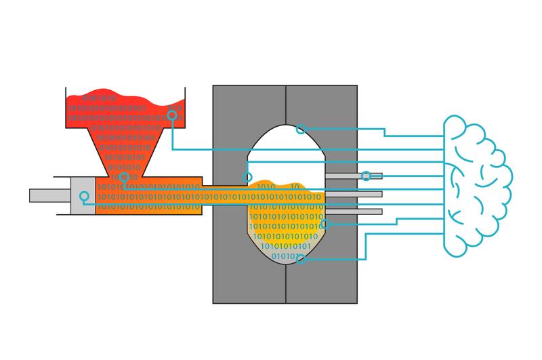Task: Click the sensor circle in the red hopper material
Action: (173, 116)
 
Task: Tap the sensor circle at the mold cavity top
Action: (300, 129)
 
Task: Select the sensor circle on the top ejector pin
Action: (366, 176)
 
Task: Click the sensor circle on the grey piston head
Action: (83, 197)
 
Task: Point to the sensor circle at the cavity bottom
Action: (300, 258)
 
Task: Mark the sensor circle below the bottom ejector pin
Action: (323, 224)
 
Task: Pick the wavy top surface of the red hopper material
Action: (122, 96)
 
